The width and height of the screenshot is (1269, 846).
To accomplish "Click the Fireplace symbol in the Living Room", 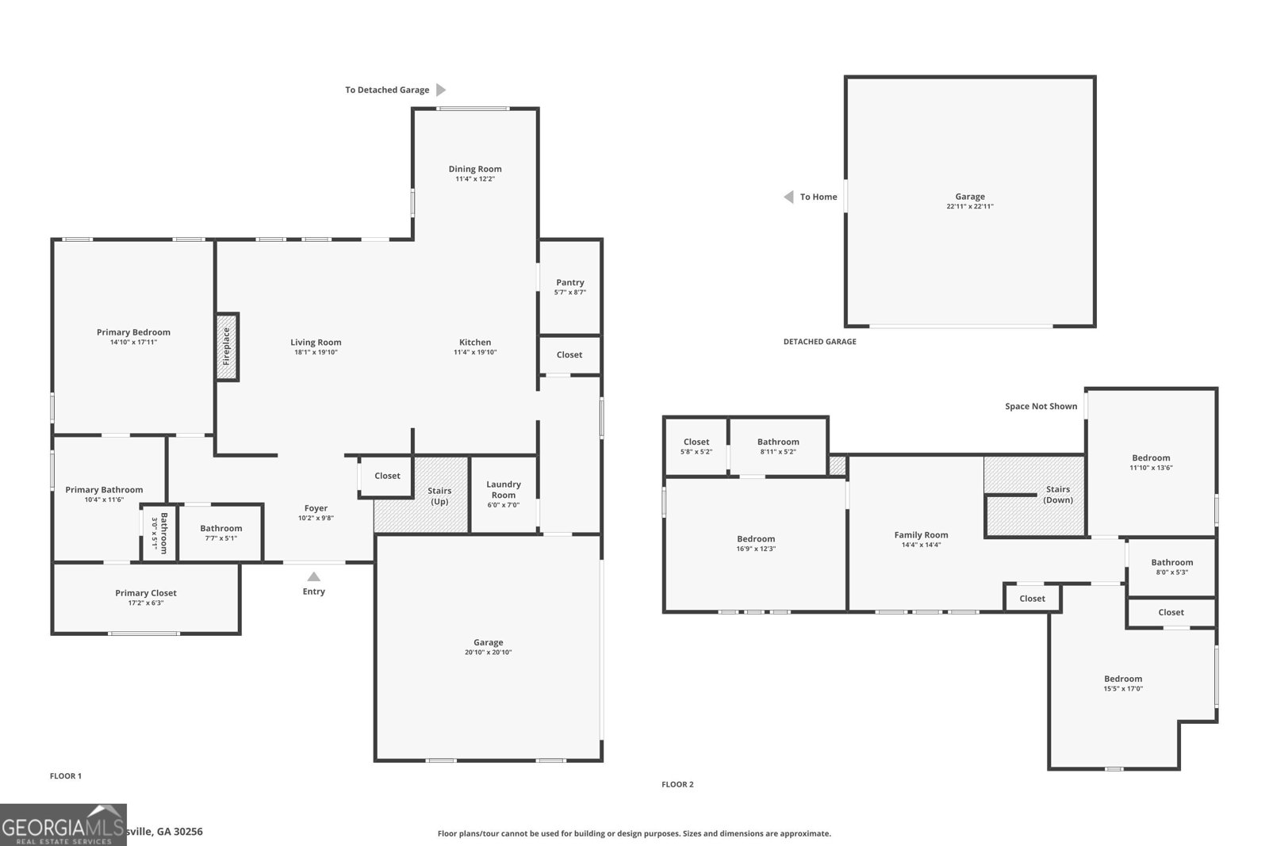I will (227, 346).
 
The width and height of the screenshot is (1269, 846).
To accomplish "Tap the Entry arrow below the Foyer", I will (314, 577).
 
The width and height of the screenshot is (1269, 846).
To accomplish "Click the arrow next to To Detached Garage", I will (441, 90).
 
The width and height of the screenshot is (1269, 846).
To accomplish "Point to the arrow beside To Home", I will (788, 197).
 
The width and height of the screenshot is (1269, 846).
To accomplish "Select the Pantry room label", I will (569, 282).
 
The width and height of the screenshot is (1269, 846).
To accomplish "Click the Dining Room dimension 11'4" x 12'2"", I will (475, 179).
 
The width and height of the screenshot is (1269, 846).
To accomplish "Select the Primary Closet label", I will (146, 593).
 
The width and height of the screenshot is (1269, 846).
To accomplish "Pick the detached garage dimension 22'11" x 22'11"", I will (970, 207).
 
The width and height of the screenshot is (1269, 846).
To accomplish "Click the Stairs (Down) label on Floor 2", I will (1058, 495).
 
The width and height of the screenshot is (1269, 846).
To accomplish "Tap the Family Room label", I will (921, 535).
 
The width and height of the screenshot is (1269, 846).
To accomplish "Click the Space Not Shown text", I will (1041, 407).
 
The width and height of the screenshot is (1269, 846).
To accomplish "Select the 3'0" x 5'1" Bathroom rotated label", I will (159, 533).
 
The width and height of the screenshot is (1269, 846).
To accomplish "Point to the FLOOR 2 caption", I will (677, 785).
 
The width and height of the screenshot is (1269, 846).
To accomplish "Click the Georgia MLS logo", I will (63, 825).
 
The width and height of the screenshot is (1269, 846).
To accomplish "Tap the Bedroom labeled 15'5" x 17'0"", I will (1123, 679).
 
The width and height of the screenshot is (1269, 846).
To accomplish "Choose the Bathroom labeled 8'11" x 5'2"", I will (778, 442).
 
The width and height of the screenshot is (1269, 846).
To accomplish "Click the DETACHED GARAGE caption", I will (819, 342).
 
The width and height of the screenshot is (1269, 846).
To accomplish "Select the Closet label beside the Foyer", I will (387, 476).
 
